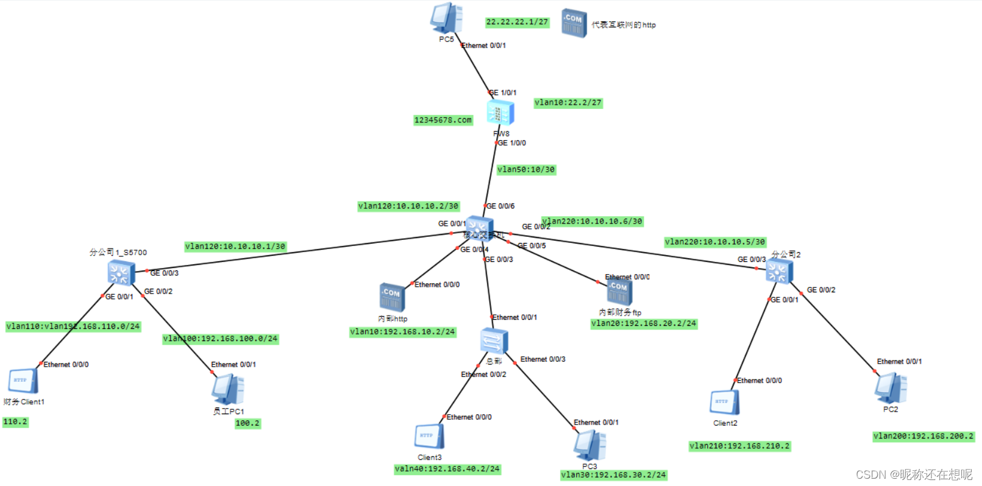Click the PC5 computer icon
[x=446, y=18]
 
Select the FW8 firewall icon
[x=500, y=113]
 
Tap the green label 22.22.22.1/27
[x=517, y=22]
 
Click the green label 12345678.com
[x=443, y=120]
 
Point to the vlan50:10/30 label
[x=526, y=169]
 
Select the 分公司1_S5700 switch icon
[x=121, y=272]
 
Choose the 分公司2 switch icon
[x=780, y=272]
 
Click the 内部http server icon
[x=392, y=297]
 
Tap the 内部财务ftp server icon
[x=619, y=291]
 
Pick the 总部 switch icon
[x=494, y=340]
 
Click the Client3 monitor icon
[x=429, y=437]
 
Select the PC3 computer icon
[x=589, y=445]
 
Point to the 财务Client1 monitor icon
[x=23, y=381]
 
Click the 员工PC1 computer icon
[x=228, y=389]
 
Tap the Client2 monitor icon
[x=725, y=403]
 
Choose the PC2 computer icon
[x=891, y=388]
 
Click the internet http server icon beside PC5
[x=574, y=23]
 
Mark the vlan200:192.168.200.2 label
[x=923, y=436]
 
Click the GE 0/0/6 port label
[x=500, y=206]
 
